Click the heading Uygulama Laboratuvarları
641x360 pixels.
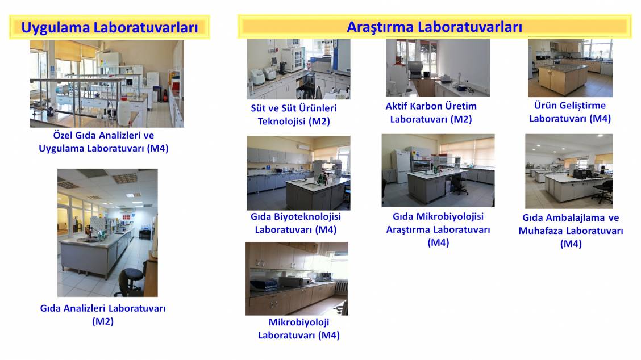click(110, 27)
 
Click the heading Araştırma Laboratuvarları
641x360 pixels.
click(434, 27)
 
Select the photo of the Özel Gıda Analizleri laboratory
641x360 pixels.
click(107, 84)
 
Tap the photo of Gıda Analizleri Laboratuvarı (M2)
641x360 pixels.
click(107, 233)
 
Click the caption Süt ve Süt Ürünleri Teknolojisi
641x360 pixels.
click(294, 114)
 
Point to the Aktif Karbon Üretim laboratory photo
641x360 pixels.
click(438, 68)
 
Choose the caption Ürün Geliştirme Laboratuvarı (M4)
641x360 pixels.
click(570, 112)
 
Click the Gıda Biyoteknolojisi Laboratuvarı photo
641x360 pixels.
click(298, 173)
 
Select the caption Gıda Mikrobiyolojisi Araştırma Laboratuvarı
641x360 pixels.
click(438, 229)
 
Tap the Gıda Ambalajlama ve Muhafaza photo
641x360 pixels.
click(569, 171)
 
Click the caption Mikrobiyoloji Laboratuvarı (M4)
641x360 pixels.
click(299, 329)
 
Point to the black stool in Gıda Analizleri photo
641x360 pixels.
click(130, 281)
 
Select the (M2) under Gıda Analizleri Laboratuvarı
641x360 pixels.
click(103, 321)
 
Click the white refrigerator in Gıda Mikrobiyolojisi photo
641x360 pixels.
click(401, 165)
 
